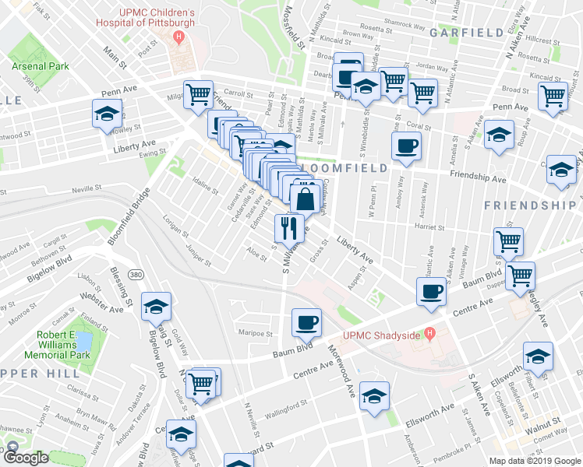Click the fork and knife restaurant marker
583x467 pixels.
point(289,227)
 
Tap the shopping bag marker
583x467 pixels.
point(306,198)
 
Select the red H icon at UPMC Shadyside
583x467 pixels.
point(427,335)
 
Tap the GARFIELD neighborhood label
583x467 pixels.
point(465,33)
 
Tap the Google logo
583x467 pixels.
point(26,458)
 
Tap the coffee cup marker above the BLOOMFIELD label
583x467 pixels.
point(407,146)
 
